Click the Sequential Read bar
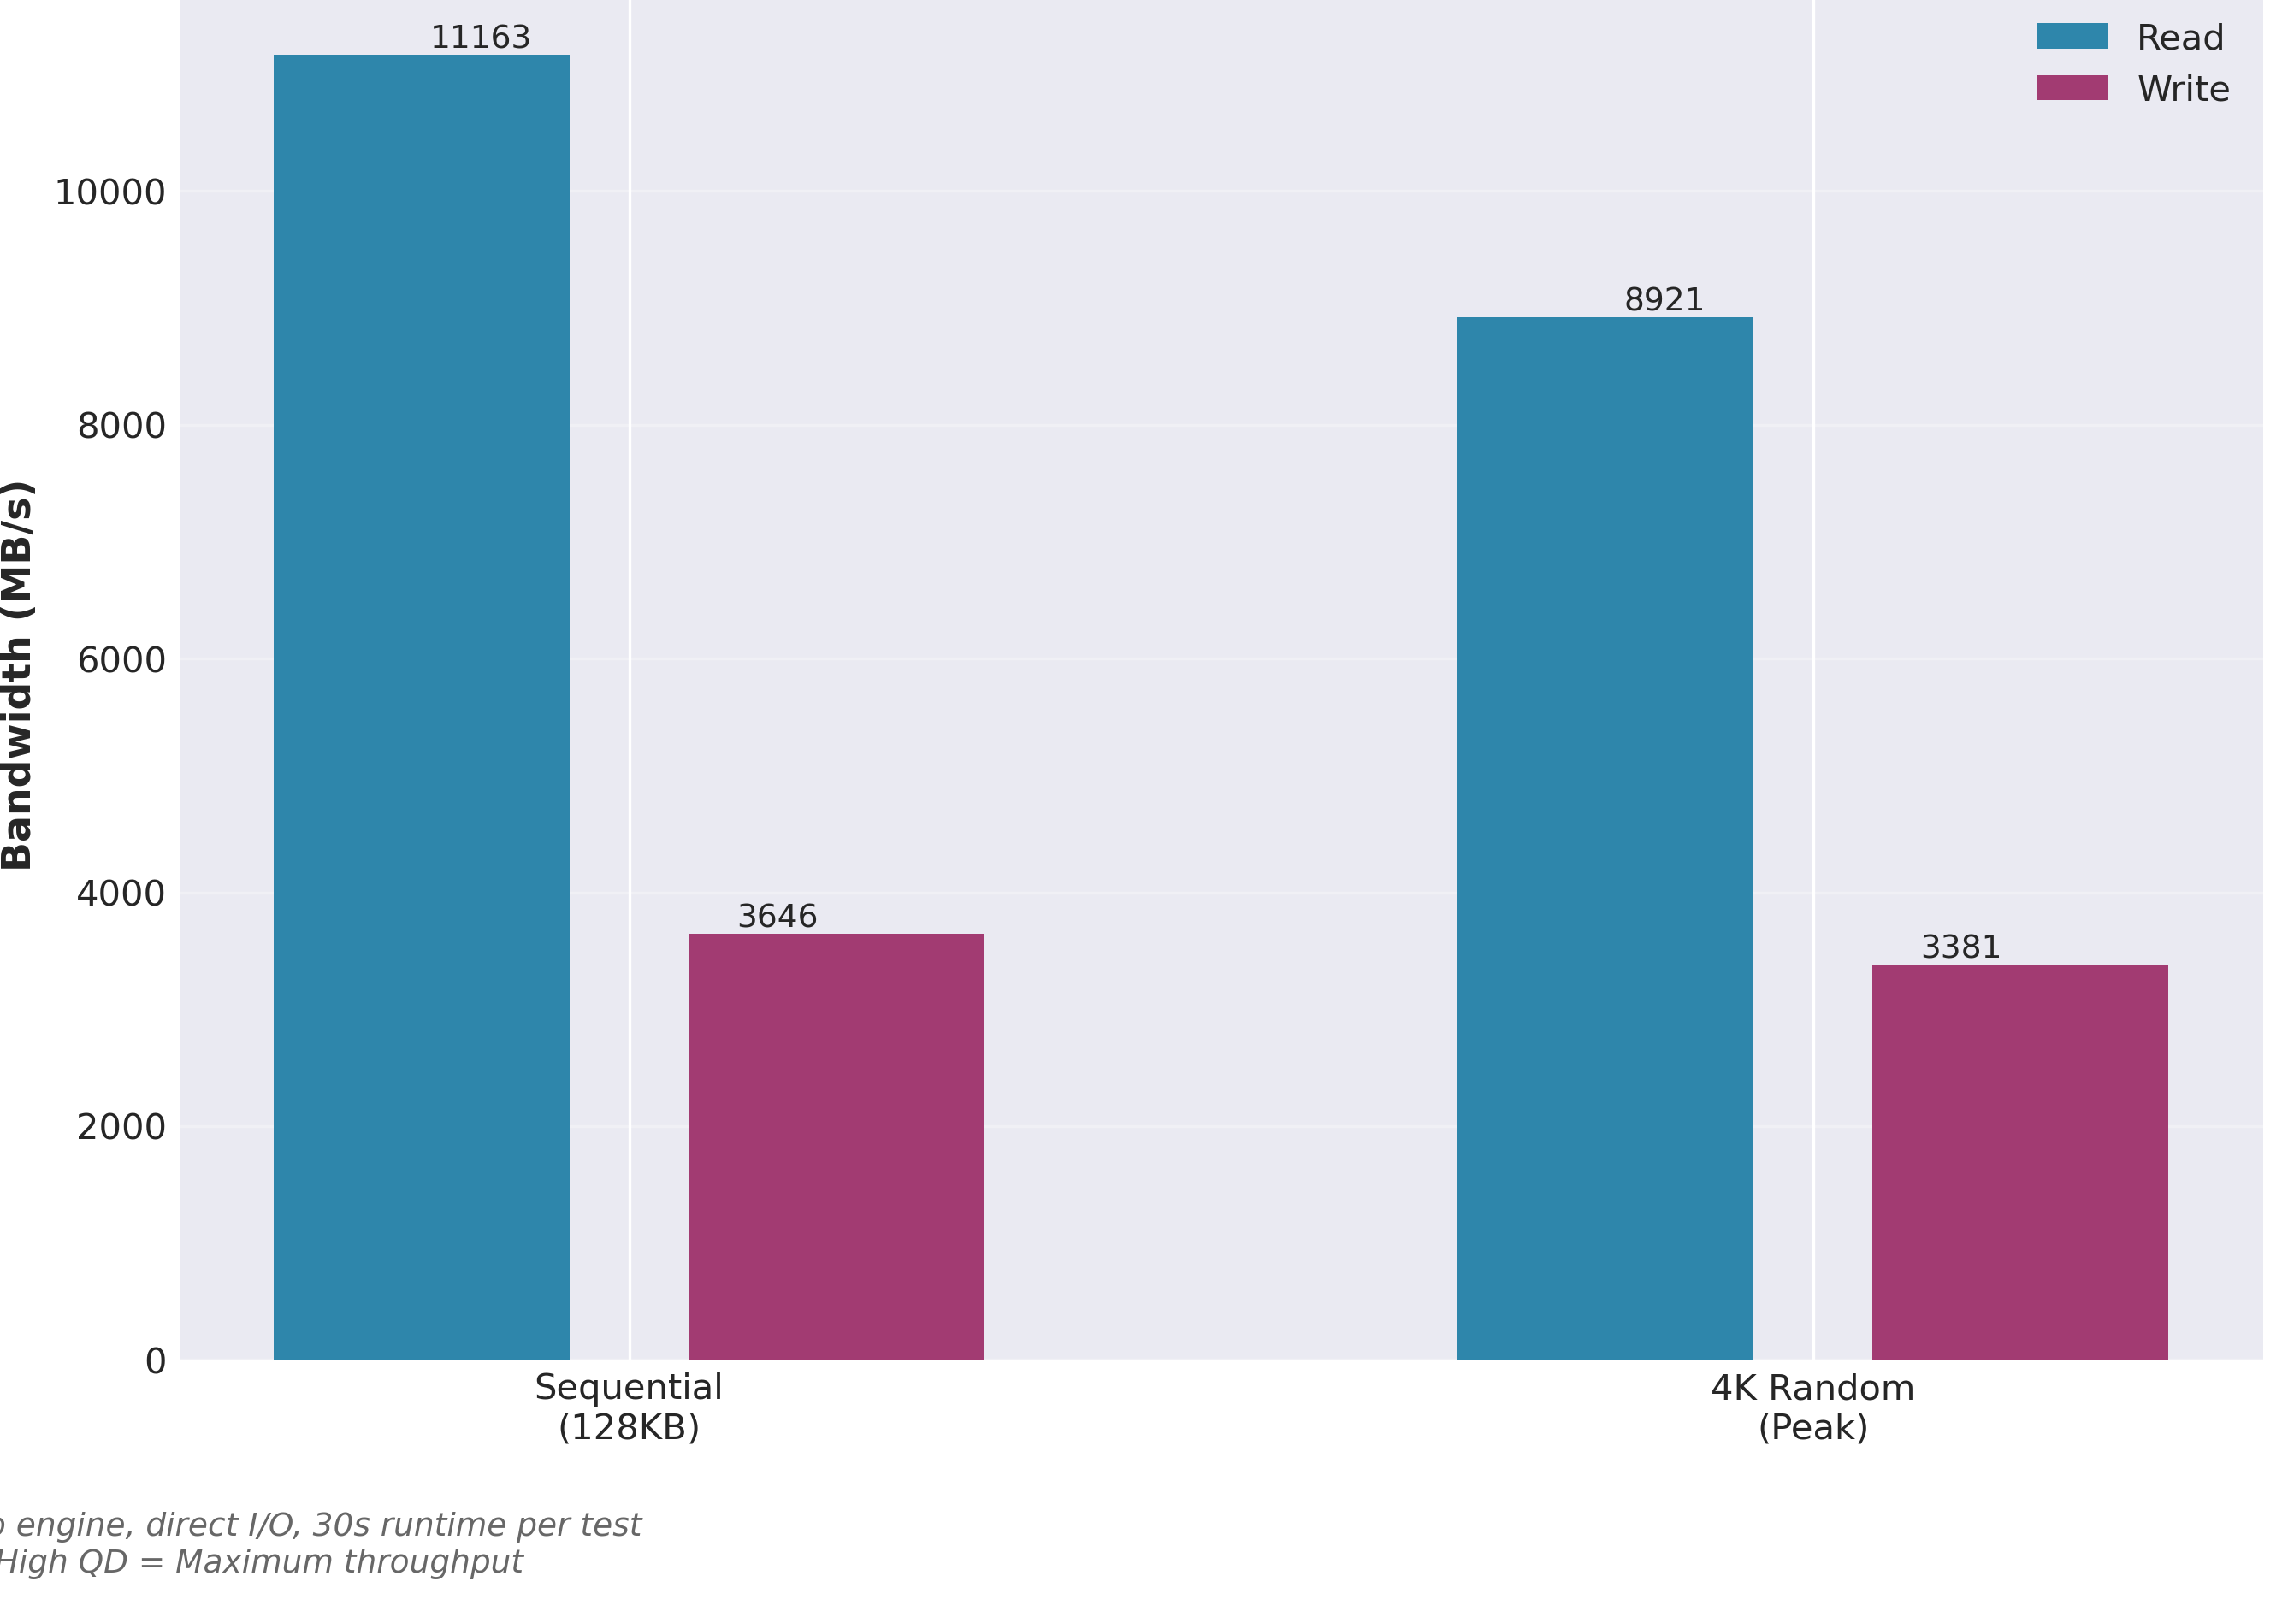422,706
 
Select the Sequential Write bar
836,1146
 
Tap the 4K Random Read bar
1605,838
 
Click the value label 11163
481,38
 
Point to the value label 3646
777,917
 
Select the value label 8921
1664,300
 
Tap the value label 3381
1960,947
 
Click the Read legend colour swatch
2072,37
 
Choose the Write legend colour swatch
2072,89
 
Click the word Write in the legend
2183,90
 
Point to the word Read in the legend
2179,38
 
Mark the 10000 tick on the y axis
109,192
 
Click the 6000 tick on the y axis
121,659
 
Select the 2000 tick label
121,1127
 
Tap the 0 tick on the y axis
156,1361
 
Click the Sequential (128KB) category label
628,1407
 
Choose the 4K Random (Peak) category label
1812,1407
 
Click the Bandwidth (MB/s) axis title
18,676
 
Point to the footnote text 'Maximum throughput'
349,1561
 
